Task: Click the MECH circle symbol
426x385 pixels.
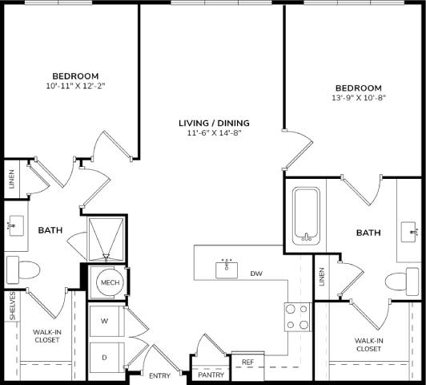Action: pyautogui.click(x=108, y=283)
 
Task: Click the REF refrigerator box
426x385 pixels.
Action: pyautogui.click(x=247, y=363)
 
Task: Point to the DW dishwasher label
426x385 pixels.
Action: pyautogui.click(x=256, y=274)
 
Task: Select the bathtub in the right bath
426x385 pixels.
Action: pyautogui.click(x=307, y=215)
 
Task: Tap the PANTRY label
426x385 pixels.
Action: pyautogui.click(x=211, y=375)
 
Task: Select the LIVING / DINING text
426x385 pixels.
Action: pyautogui.click(x=214, y=123)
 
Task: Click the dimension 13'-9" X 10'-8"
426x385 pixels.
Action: pyautogui.click(x=358, y=99)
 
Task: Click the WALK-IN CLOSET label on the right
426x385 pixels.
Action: pyautogui.click(x=368, y=344)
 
